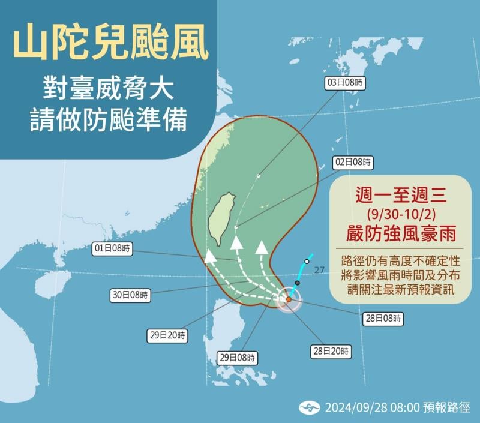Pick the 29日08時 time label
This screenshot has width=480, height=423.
click(x=237, y=358)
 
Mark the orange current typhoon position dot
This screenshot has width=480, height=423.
click(x=289, y=299)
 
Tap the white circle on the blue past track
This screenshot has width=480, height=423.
click(x=307, y=262)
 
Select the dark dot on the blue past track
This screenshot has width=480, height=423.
click(x=298, y=283)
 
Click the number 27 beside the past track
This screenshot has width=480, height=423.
click(x=319, y=270)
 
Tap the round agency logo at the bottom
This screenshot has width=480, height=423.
click(x=309, y=408)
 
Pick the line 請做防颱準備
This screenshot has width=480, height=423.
click(x=109, y=120)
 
